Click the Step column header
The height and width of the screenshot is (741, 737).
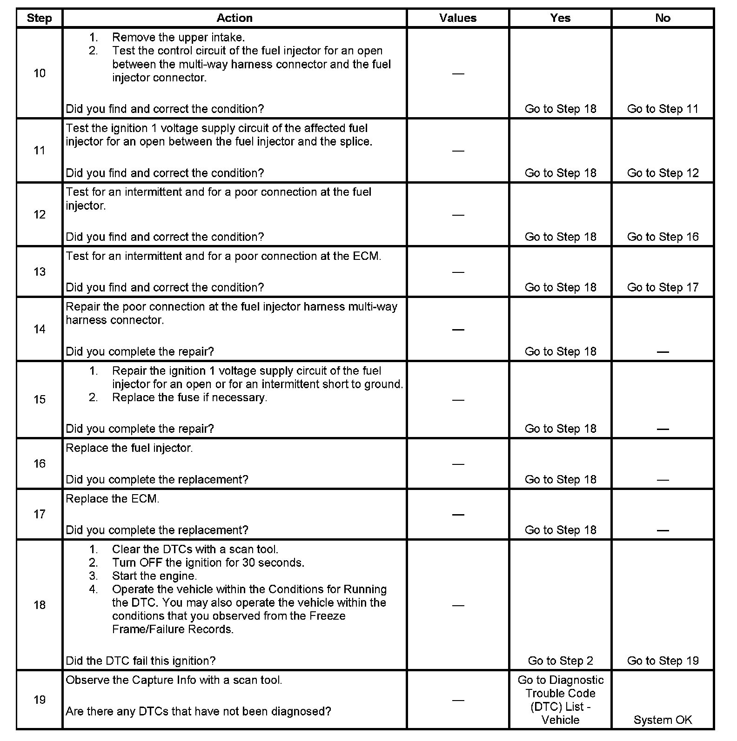[x=39, y=18]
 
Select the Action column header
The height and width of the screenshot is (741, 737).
[x=234, y=18]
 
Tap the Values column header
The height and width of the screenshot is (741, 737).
[x=458, y=18]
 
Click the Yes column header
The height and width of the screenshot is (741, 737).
[x=560, y=18]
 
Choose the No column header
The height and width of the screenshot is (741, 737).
[x=663, y=18]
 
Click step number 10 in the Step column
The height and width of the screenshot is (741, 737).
[x=40, y=73]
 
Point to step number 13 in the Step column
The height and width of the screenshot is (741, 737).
[x=40, y=271]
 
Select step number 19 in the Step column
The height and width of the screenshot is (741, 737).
[x=40, y=700]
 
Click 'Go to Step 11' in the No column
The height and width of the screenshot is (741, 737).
[x=663, y=109]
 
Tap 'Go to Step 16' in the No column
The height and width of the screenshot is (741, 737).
[x=663, y=237]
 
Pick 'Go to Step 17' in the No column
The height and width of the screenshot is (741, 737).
[x=663, y=287]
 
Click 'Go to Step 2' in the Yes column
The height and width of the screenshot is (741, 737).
[x=560, y=661]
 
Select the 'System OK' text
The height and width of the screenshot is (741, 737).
[x=663, y=720]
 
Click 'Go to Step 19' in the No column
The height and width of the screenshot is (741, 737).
[x=663, y=661]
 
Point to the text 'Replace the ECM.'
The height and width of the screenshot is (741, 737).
[x=113, y=499]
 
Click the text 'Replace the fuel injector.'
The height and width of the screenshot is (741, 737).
[x=129, y=448]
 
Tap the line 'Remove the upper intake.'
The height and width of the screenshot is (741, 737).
[x=178, y=37]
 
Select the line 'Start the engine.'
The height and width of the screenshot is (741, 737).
[x=154, y=576]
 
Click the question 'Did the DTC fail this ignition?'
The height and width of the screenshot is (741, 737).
[x=141, y=661]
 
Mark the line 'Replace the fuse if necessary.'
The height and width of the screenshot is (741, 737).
[x=189, y=397]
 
